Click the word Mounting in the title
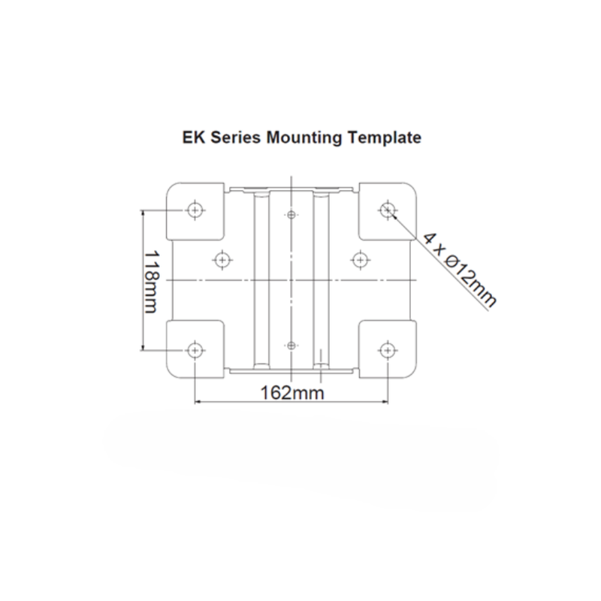coord(304,138)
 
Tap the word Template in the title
coord(385,137)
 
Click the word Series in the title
coord(235,137)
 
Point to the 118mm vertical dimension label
coord(151,282)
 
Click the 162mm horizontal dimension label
coord(292,393)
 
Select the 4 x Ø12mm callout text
coord(460,270)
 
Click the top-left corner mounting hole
coord(195,210)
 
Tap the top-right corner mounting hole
coord(388,210)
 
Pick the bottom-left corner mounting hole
coord(195,350)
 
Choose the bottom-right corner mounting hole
coord(388,350)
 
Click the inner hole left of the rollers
coord(222,260)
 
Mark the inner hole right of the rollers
coord(360,260)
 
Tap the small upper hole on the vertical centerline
coord(291,215)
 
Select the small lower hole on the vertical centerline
coord(291,346)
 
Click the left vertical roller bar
coord(261,279)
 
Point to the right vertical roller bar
coord(322,279)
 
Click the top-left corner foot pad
coord(195,212)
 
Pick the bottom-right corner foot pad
coord(388,349)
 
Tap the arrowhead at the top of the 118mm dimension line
coord(143,213)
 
